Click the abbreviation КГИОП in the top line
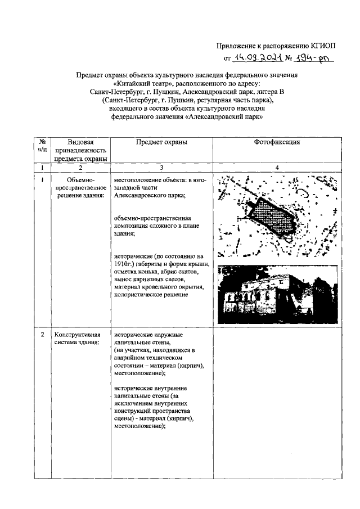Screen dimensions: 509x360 [x=325, y=46]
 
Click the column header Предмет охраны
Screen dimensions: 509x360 [x=161, y=142]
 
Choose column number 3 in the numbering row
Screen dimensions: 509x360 [x=161, y=168]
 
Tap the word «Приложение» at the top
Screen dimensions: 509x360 [x=238, y=46]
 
